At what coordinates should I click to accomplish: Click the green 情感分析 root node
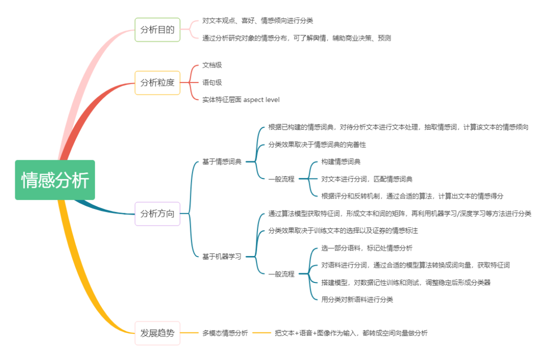tap(55, 180)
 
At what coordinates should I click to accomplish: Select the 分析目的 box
tap(157, 30)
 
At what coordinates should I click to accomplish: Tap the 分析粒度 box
tap(157, 83)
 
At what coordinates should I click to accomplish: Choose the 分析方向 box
tap(157, 214)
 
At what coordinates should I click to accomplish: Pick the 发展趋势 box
tap(157, 333)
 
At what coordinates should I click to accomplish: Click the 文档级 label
tap(212, 65)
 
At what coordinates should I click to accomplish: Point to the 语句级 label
tap(212, 83)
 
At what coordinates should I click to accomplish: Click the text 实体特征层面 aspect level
tap(241, 100)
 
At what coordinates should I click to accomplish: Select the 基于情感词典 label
tap(222, 162)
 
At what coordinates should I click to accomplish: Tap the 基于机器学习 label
tap(222, 256)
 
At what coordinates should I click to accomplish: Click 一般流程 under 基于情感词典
tap(282, 179)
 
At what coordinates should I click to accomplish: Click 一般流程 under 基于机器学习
tap(282, 274)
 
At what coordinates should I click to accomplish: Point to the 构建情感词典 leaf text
tap(341, 162)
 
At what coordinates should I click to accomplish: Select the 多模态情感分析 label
tap(225, 333)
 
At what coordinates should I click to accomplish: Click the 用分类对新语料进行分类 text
tap(357, 299)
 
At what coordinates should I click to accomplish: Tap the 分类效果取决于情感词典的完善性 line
tap(317, 144)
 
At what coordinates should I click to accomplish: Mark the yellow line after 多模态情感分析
tap(262, 333)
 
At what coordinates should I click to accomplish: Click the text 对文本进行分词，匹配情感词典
tap(367, 179)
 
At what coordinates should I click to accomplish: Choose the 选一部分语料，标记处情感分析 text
tap(367, 248)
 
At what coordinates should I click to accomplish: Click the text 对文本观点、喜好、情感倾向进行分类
tap(258, 21)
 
